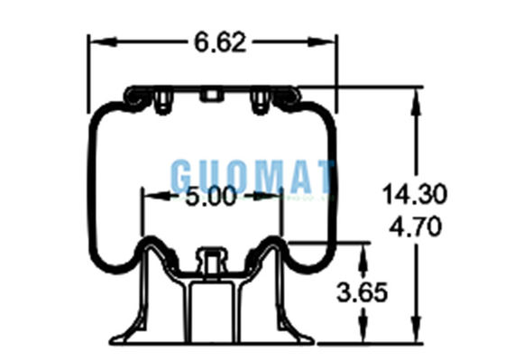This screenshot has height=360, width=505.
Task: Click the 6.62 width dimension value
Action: tap(220, 42)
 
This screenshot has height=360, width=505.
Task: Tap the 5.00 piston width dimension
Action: tap(211, 197)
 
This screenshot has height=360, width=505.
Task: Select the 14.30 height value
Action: tap(415, 194)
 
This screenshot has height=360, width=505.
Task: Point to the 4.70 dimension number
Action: tap(415, 226)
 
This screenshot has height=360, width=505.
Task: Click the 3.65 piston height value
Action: tap(362, 292)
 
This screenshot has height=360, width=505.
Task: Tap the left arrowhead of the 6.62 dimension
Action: tap(103, 42)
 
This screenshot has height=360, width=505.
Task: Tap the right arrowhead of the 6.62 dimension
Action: tap(321, 42)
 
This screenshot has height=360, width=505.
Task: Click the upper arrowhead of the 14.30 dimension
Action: tap(416, 102)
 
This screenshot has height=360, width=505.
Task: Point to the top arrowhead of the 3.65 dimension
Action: tap(363, 256)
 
